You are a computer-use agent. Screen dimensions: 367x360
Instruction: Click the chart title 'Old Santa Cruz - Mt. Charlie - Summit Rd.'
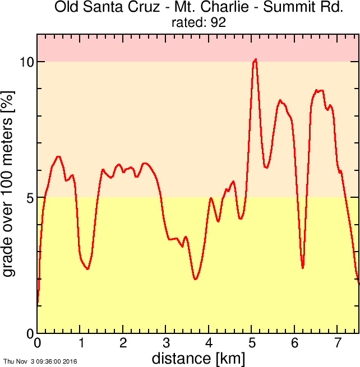click(199, 8)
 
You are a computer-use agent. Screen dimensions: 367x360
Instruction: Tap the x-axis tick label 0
click(38, 343)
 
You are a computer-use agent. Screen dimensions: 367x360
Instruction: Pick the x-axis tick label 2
click(123, 343)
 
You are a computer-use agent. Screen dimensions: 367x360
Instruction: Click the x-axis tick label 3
click(166, 343)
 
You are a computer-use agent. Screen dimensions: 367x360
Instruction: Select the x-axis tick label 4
click(209, 343)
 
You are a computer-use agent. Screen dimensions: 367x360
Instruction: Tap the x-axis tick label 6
click(295, 343)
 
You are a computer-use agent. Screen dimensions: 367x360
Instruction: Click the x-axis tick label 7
click(338, 343)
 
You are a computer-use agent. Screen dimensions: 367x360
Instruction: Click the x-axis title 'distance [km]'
click(198, 357)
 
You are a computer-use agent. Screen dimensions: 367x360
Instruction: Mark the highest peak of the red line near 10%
click(256, 59)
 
